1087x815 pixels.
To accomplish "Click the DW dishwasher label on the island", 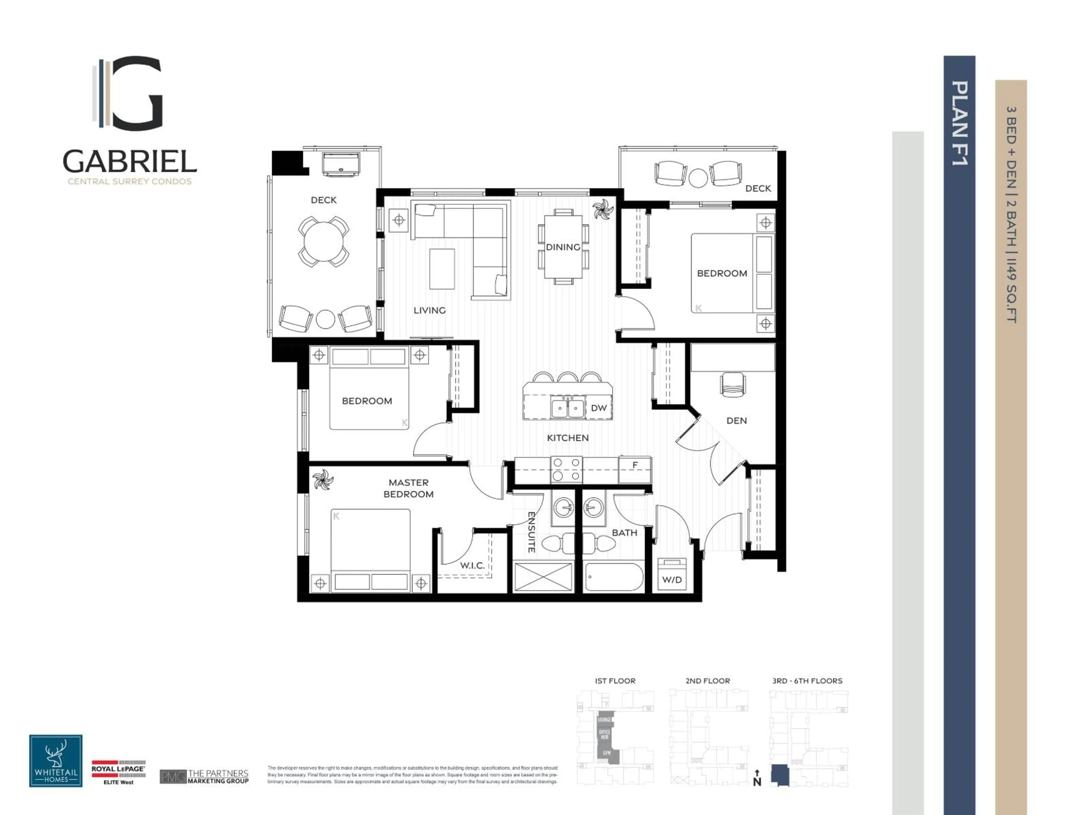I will (598, 408).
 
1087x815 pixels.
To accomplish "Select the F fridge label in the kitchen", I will (635, 465).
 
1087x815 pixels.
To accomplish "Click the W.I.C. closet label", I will (472, 565).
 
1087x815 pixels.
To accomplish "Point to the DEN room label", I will (736, 421).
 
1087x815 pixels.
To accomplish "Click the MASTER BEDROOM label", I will (408, 488).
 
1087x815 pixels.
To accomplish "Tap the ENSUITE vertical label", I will (531, 532).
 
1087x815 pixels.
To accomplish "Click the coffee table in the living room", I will (442, 269).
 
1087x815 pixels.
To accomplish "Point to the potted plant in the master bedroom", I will (323, 480).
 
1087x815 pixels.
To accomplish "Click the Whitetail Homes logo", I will (55, 760).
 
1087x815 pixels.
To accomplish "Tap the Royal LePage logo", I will (118, 772).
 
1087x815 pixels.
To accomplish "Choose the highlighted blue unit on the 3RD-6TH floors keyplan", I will (779, 775).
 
